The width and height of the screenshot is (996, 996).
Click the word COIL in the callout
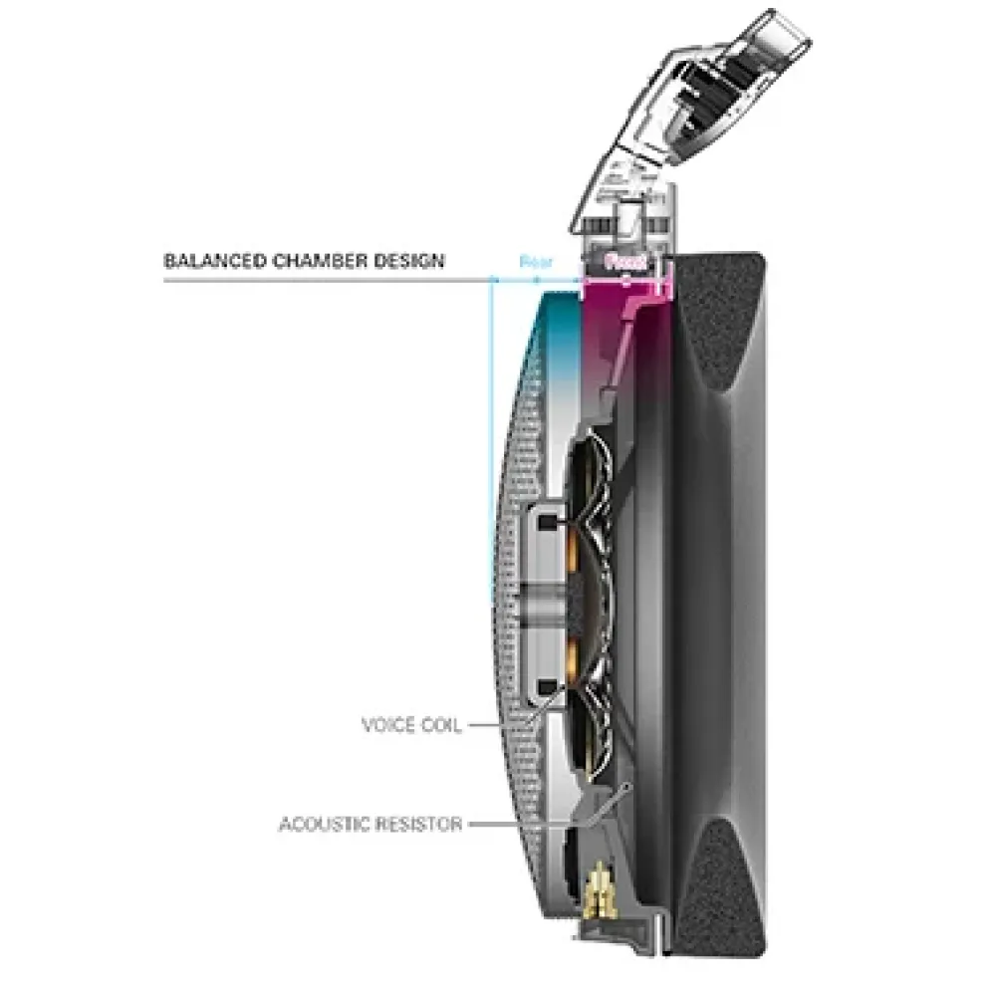[x=440, y=725]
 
